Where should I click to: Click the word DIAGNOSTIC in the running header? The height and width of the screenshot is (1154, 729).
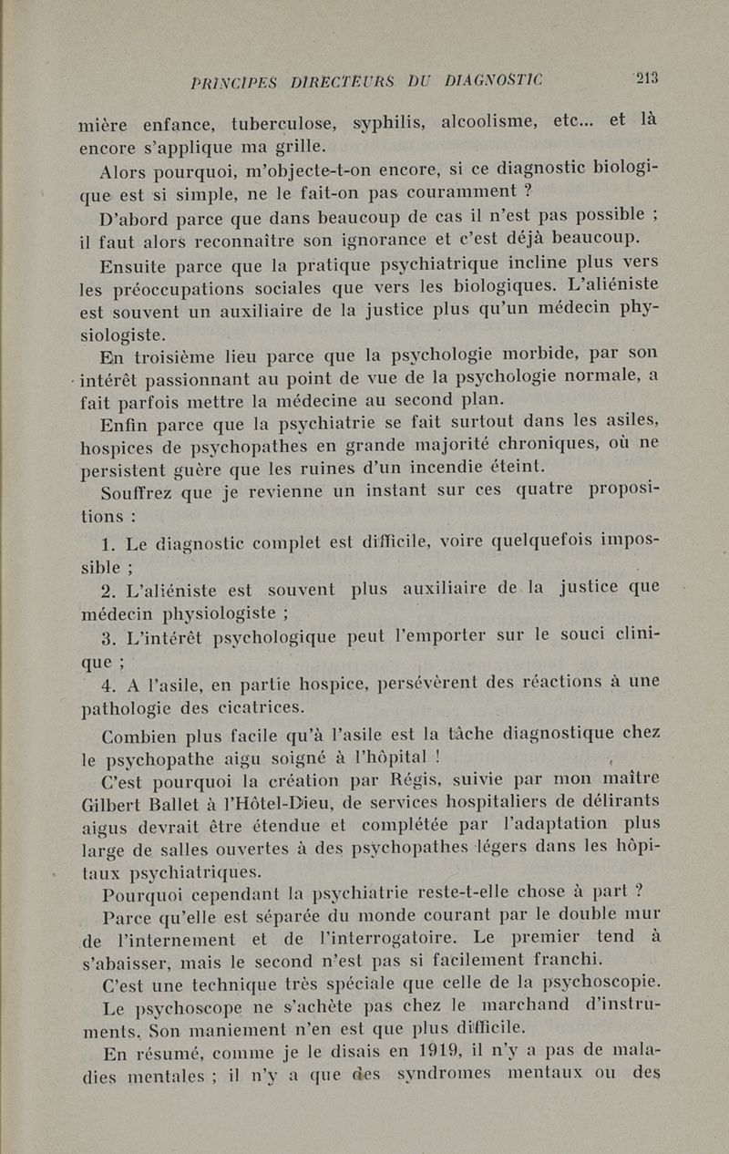coord(492,80)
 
